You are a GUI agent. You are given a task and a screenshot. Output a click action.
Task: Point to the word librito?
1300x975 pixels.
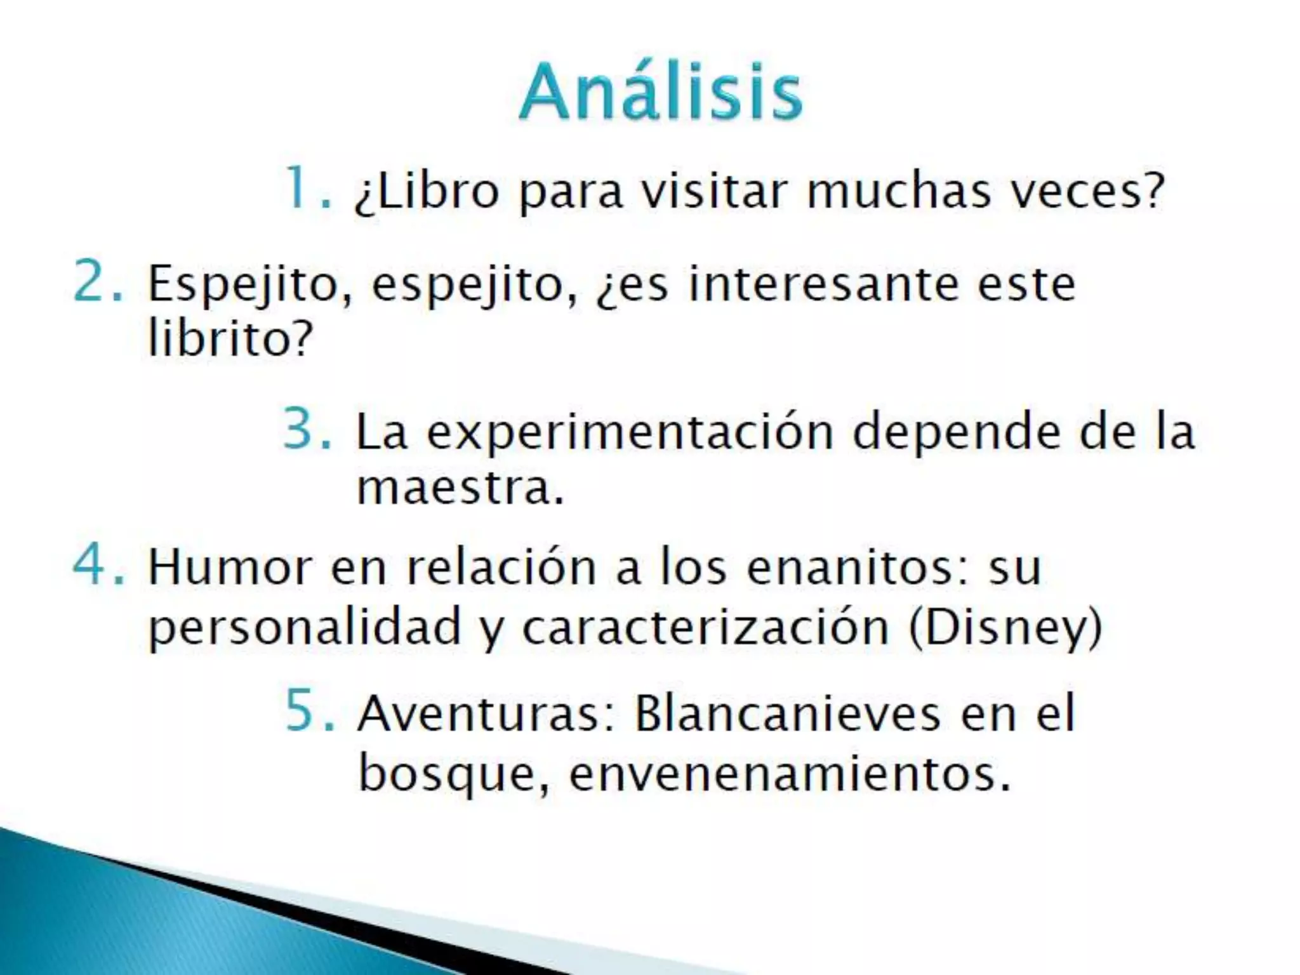(x=230, y=338)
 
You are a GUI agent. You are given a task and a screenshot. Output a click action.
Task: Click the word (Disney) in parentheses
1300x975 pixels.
(x=1005, y=628)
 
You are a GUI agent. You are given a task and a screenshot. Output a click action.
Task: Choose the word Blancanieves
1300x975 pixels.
(x=788, y=713)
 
